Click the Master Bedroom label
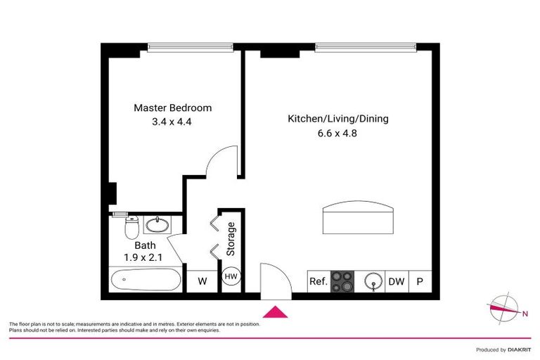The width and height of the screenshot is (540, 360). point(173,108)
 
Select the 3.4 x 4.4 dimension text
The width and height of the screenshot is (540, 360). point(173,122)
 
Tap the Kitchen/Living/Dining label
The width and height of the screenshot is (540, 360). point(337,119)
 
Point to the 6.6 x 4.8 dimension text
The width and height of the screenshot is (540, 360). point(337,133)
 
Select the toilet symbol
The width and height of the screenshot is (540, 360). point(131,227)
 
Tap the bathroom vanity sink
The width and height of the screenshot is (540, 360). point(156,226)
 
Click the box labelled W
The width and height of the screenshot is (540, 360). point(202,281)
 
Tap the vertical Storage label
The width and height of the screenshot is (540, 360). point(231,239)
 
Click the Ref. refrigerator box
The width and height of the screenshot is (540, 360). point(319,281)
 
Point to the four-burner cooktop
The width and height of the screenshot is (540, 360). point(343,281)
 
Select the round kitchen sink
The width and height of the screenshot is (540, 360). point(372,281)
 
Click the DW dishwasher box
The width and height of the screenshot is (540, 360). point(397,281)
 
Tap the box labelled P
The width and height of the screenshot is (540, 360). point(420,281)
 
